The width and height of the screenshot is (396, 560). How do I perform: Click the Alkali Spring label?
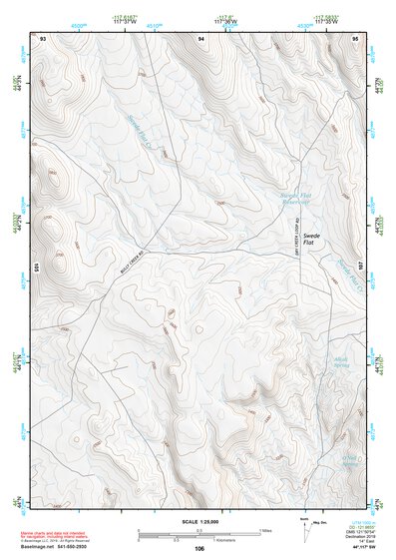[x=338, y=361]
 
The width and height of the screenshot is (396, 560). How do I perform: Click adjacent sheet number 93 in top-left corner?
[x=43, y=38]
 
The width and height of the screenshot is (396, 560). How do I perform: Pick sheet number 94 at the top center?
[x=201, y=38]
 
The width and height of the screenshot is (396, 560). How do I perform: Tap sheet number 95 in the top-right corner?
[x=356, y=38]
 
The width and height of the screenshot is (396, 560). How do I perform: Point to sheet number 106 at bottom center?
[x=199, y=548]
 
